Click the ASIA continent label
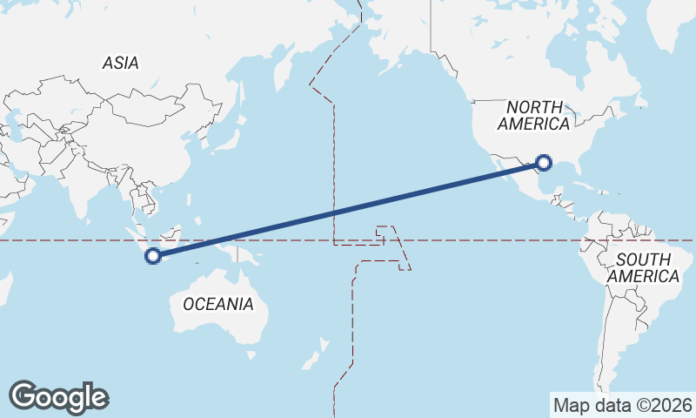pyautogui.click(x=120, y=63)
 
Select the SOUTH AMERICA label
pyautogui.click(x=644, y=267)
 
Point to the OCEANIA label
pyautogui.click(x=218, y=304)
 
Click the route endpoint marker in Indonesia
pyautogui.click(x=153, y=255)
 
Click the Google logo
pyautogui.click(x=58, y=397)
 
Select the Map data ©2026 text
pyautogui.click(x=622, y=405)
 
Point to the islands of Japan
pyautogui.click(x=230, y=131)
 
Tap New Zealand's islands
pyautogui.click(x=313, y=358)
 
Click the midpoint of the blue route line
pyautogui.click(x=349, y=209)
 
